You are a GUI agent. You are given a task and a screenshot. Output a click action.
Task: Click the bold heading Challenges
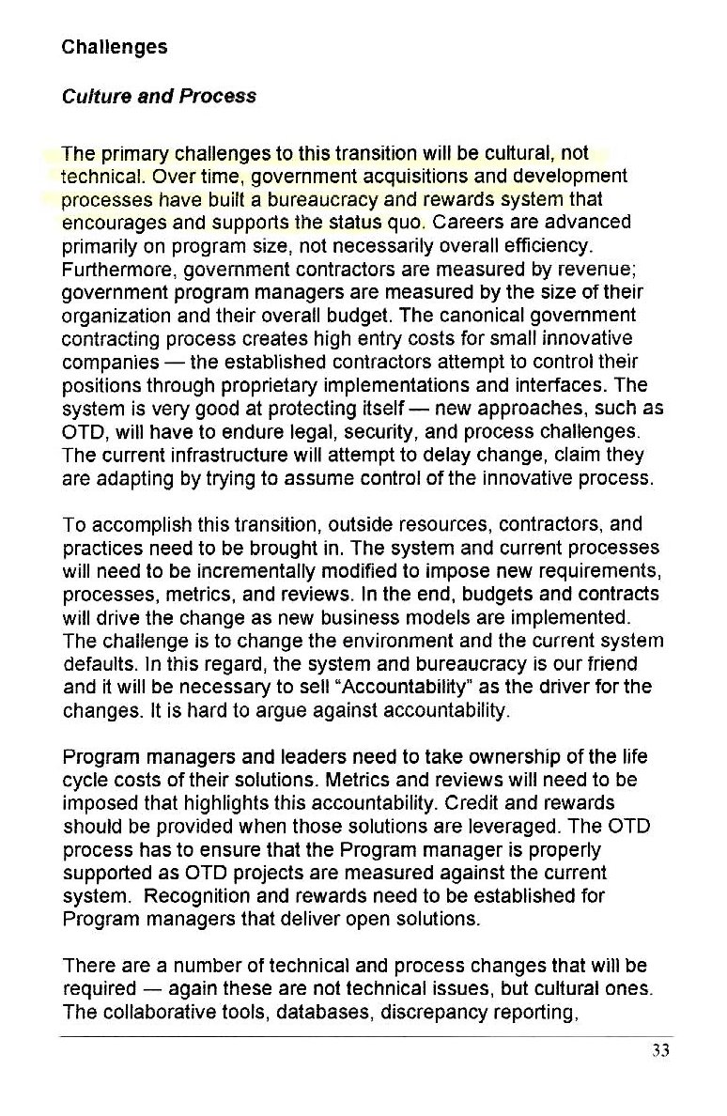[114, 47]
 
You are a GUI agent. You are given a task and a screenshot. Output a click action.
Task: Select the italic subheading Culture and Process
[158, 97]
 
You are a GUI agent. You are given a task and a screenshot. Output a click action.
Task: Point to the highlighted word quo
[410, 224]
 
